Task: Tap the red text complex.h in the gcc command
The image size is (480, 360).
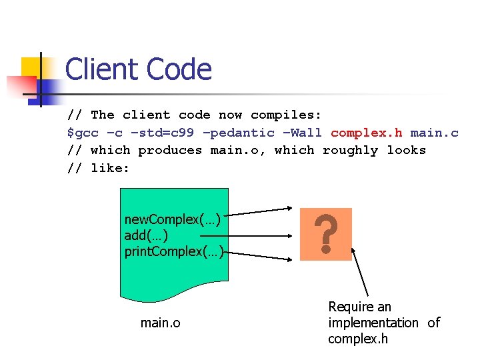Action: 366,133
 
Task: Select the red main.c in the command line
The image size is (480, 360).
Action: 434,133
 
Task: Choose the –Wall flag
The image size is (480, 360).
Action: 302,133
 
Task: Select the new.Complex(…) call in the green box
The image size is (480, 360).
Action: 172,219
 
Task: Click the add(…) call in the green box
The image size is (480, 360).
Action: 146,235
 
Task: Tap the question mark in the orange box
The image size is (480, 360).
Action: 325,234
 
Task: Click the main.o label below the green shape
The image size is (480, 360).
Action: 160,323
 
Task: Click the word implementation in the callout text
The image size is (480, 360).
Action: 373,323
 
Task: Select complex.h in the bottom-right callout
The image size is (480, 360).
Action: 357,339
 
